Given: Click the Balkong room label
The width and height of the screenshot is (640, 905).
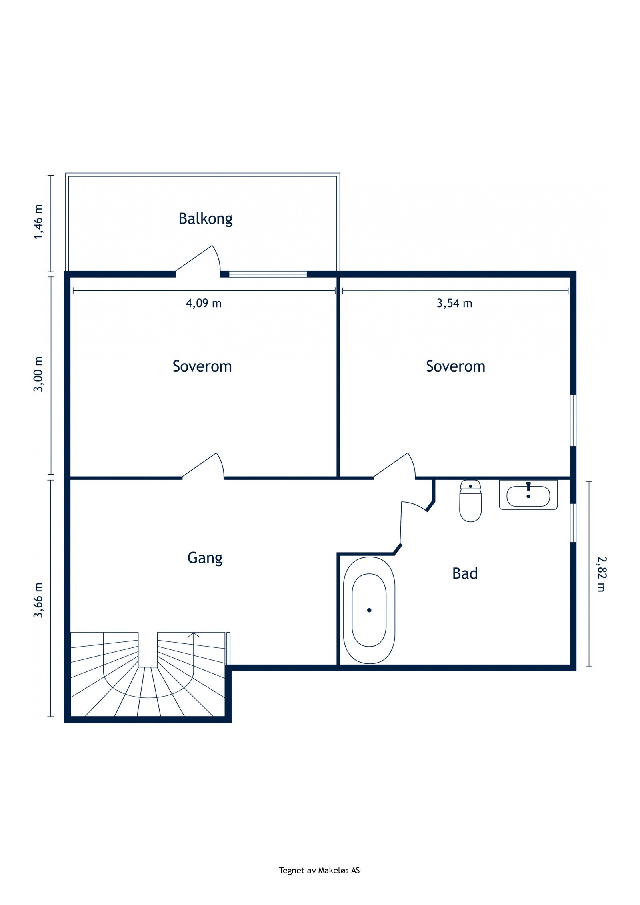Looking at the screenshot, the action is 205,219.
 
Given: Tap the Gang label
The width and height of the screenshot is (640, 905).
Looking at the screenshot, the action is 205,558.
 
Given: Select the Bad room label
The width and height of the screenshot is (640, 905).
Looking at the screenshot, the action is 465,573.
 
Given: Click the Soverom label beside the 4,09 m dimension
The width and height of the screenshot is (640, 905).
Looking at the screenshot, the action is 202,366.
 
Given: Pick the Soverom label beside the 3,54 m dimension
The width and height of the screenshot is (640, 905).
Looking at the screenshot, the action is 456,366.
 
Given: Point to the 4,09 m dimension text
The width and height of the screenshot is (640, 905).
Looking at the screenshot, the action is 203,304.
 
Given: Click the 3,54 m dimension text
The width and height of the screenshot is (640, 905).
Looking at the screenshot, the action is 454,304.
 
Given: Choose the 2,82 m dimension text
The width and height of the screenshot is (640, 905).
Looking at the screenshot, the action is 601,574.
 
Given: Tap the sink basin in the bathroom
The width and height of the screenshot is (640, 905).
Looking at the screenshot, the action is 528,495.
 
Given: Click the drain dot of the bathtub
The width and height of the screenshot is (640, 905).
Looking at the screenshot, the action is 369,610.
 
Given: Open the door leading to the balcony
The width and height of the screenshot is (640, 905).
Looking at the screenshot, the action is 198,260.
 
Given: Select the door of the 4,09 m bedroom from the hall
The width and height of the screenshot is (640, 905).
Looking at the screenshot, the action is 203,466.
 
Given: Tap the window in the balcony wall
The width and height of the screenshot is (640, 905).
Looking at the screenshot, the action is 268,274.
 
